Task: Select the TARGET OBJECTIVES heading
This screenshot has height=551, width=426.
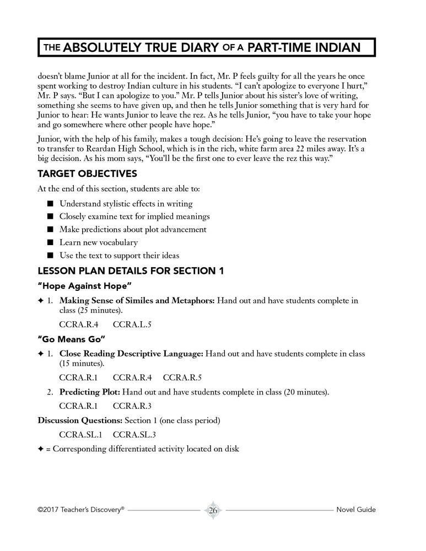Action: point(87,174)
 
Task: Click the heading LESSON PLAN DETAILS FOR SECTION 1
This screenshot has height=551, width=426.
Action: point(130,271)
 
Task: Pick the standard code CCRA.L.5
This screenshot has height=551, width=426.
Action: point(132,325)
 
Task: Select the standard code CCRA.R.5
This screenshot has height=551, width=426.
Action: point(182,379)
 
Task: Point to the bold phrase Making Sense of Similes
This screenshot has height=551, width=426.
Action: point(115,301)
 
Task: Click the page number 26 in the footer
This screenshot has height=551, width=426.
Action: point(213,510)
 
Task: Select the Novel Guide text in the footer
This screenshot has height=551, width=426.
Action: point(355,510)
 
